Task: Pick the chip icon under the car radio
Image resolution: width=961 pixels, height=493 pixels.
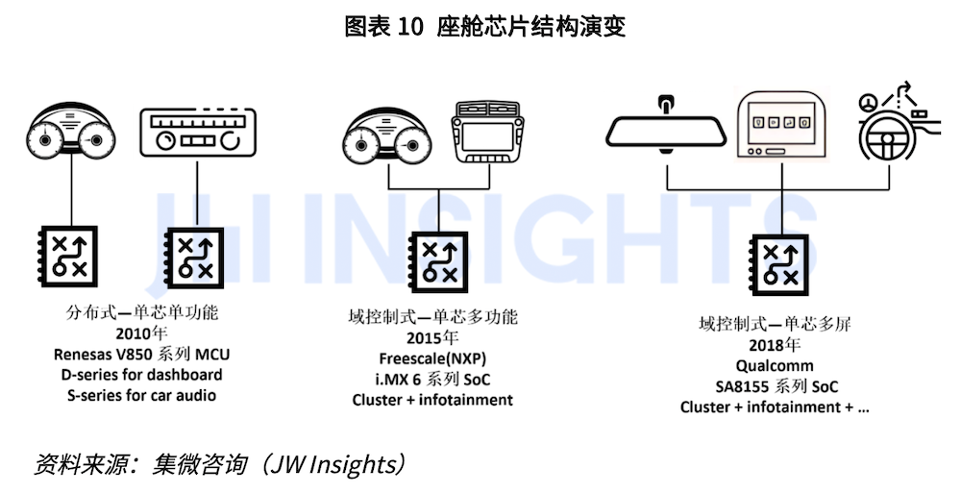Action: coord(195,256)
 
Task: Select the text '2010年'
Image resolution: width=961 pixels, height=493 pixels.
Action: coord(141,334)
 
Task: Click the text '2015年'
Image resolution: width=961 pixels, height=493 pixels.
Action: coord(432,338)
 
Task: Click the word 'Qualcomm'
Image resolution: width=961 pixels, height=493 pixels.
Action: coord(775,366)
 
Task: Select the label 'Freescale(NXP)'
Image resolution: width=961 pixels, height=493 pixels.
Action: coord(432,358)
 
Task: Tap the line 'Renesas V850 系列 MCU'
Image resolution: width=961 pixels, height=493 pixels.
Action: coord(142,355)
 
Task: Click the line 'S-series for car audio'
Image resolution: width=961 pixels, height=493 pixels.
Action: coord(142,395)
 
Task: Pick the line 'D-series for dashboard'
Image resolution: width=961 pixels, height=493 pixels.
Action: coord(142,375)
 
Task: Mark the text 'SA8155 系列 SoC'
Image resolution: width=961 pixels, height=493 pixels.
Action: coord(775,386)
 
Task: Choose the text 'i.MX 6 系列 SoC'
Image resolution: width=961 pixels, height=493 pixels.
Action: coord(432,379)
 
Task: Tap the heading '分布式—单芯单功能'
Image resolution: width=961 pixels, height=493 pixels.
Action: coord(142,313)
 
